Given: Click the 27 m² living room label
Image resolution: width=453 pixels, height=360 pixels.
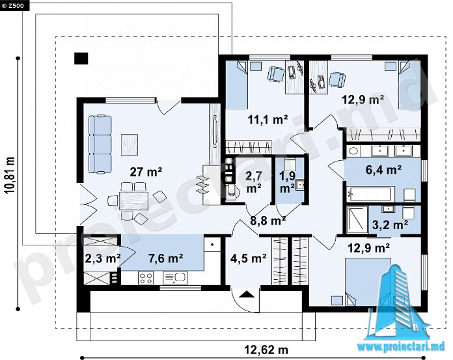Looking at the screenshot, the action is [146, 173].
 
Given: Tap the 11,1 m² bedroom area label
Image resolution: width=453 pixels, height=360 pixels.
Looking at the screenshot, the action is [268, 119].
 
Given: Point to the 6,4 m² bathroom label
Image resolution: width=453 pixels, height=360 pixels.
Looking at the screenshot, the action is [383, 170].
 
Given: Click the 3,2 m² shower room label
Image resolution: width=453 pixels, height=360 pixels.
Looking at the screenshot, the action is [390, 225].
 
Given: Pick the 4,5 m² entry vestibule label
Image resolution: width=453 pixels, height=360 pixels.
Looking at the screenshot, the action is [248, 258].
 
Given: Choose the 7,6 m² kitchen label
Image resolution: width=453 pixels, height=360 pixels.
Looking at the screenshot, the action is [165, 258].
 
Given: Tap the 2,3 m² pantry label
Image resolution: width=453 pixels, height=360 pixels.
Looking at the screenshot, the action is [103, 258].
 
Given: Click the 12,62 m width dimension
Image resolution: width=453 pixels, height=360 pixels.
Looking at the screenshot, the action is [266, 350].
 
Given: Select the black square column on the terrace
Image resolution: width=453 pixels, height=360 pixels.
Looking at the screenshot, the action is [81, 59].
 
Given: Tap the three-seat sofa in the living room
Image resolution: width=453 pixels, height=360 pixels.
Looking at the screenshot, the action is [100, 145].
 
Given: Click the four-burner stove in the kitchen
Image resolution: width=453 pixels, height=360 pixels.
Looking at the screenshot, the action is [145, 278].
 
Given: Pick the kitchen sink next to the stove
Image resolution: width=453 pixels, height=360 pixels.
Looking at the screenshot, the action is [175, 278].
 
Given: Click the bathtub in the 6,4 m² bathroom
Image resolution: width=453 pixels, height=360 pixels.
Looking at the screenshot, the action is [370, 194].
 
